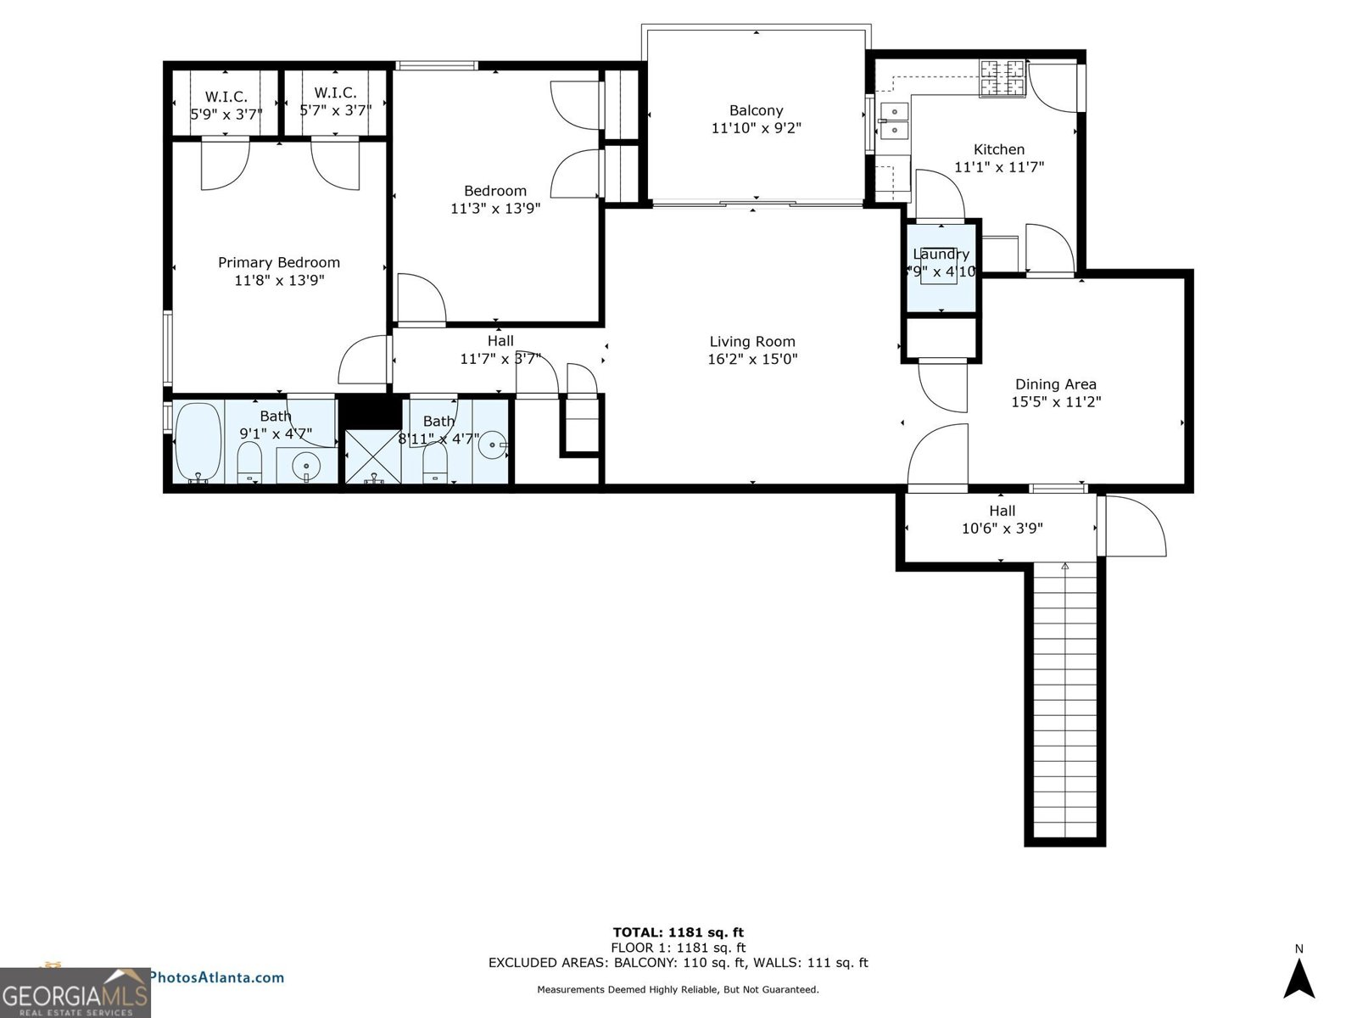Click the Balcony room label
(756, 110)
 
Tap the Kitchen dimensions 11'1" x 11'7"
(998, 168)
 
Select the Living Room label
(752, 342)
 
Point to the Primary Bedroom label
(279, 263)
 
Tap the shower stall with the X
(373, 457)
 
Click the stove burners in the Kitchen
(1003, 78)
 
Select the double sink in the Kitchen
(893, 120)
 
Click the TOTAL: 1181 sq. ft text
(678, 932)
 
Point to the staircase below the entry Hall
(1064, 704)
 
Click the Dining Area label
(1055, 384)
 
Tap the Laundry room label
(941, 255)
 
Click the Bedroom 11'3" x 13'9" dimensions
(495, 208)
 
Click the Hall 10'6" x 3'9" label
(1002, 519)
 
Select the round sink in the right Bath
(494, 442)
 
